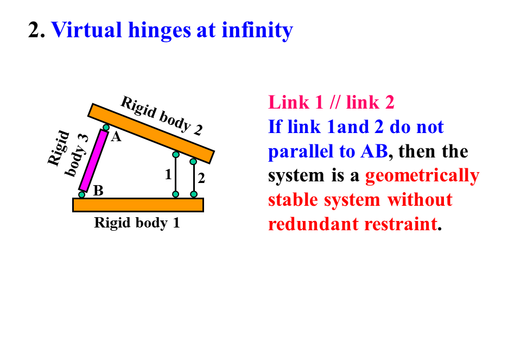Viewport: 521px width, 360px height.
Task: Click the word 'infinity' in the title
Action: [257, 30]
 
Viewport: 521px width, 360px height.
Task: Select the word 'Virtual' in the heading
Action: [86, 30]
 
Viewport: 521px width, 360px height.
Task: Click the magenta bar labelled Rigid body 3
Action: [93, 160]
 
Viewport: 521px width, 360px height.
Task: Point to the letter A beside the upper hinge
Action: [116, 138]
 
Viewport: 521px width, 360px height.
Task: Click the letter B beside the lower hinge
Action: [98, 191]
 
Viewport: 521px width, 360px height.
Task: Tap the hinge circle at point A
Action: [106, 128]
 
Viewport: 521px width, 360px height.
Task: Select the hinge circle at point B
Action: [82, 194]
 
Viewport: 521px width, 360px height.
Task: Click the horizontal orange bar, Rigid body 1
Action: [138, 205]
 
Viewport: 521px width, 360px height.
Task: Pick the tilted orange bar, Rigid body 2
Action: [151, 133]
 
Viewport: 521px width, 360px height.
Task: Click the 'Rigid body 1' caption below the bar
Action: [137, 223]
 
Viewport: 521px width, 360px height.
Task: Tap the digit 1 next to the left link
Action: [168, 175]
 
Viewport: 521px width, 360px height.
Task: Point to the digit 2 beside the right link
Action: [201, 178]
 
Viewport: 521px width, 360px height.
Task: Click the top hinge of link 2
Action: [193, 161]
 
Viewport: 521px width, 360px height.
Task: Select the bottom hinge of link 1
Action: [176, 194]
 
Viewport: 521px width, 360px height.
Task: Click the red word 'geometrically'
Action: [422, 176]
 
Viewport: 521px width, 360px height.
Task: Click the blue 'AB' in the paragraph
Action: [374, 151]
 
